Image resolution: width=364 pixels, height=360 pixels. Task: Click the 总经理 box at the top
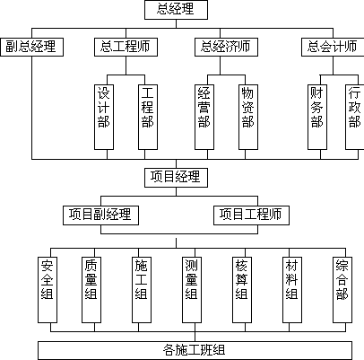(176, 10)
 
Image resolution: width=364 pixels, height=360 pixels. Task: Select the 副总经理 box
(31, 47)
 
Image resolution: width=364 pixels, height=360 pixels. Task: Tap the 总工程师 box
(126, 47)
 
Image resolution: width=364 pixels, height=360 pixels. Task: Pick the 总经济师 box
(226, 47)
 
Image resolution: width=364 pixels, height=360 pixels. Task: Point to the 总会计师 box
(333, 47)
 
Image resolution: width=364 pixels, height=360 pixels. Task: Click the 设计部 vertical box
(104, 117)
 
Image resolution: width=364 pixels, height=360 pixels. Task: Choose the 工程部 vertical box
(148, 117)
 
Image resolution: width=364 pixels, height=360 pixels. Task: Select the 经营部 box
(204, 117)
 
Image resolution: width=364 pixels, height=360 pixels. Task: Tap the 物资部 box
(248, 117)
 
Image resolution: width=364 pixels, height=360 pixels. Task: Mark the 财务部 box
(317, 117)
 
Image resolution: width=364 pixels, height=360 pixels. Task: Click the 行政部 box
(355, 117)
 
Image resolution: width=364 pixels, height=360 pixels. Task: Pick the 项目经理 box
(176, 178)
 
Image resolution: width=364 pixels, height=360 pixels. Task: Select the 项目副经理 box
(100, 215)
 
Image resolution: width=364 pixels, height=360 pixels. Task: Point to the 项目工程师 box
(251, 215)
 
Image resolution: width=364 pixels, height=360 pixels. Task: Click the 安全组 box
(48, 290)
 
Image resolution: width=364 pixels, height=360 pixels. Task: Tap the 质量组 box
(91, 290)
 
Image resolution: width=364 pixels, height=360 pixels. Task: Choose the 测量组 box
(192, 290)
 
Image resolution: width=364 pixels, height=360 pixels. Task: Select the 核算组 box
(242, 290)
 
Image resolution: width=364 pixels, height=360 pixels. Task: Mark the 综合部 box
(342, 290)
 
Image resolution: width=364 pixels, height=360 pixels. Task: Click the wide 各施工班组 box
(195, 350)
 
